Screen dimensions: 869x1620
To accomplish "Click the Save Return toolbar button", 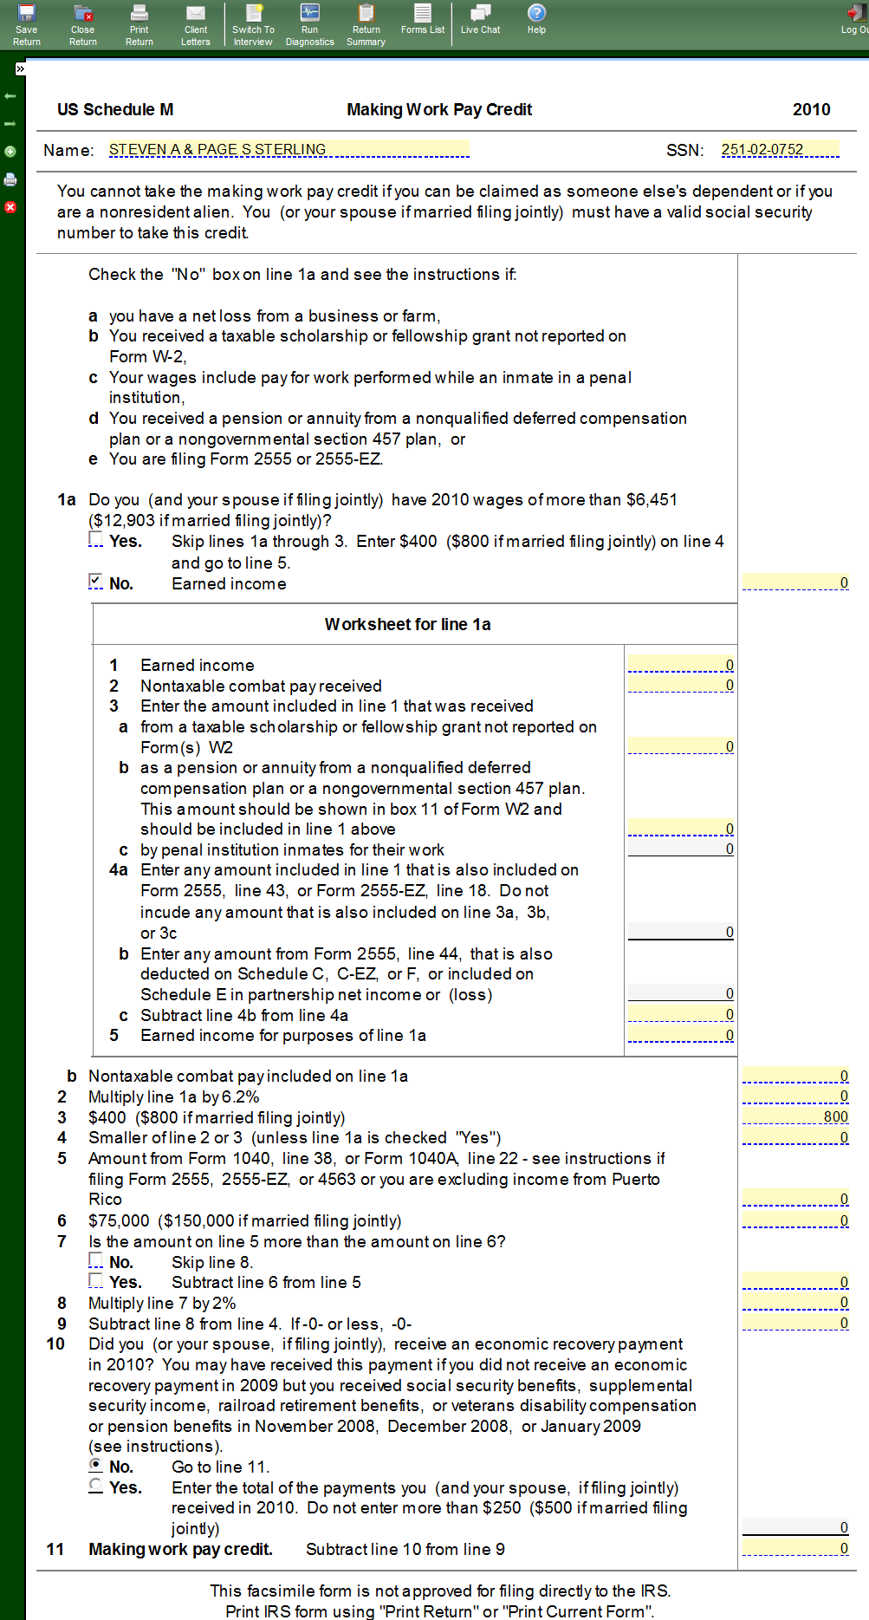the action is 27,24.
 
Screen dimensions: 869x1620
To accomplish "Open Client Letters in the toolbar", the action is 196,24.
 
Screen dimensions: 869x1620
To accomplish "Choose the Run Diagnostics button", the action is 309,24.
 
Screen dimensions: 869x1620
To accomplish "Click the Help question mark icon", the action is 537,12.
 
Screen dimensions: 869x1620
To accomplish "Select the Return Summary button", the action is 366,24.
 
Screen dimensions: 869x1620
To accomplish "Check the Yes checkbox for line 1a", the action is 95,539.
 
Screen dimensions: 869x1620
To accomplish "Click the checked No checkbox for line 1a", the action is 95,582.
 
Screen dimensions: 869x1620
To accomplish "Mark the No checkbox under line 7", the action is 95,1260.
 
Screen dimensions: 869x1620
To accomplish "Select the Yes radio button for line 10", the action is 95,1486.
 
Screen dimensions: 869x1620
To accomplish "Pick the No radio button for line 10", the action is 95,1465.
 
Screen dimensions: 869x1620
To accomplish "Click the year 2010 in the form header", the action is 811,109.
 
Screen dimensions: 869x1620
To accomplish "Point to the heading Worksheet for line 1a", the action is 407,624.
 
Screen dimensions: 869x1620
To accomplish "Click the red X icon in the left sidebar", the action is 10,207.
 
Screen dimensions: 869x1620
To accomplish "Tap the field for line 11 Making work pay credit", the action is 795,1548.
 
